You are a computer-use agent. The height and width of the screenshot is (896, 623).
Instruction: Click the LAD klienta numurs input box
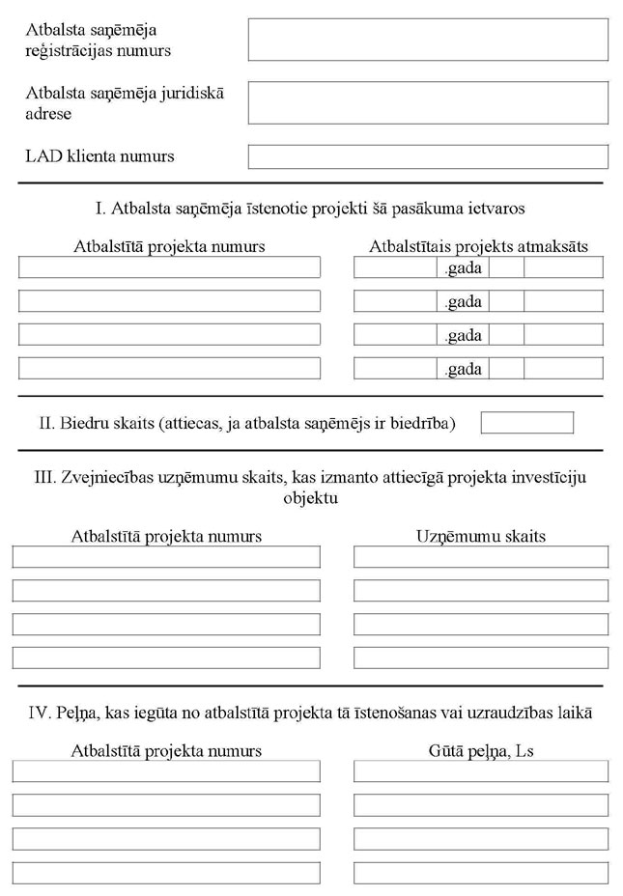(428, 156)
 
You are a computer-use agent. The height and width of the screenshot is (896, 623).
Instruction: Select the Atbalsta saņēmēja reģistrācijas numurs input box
(428, 40)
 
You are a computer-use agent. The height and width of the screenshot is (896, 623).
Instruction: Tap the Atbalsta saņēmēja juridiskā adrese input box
(428, 102)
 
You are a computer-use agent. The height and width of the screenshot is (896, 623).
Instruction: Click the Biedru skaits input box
(526, 423)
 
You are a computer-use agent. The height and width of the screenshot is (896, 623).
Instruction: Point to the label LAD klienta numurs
(99, 155)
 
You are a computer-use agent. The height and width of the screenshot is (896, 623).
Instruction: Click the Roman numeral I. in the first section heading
(102, 209)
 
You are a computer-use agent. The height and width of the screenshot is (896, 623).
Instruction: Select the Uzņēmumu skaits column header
(480, 536)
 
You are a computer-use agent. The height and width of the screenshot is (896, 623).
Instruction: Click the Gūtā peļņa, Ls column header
(480, 750)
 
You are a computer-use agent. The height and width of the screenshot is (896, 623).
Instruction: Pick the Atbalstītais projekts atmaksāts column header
(478, 247)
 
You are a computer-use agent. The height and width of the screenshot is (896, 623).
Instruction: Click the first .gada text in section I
(463, 267)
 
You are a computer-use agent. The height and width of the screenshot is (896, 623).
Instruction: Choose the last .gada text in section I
(463, 369)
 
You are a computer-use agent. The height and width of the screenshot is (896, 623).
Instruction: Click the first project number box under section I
(169, 267)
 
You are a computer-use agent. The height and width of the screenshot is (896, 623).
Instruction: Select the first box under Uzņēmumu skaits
(480, 557)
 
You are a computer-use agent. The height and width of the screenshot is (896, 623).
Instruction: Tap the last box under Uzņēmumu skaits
(480, 658)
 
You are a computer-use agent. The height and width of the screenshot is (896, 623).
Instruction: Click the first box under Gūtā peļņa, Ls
(480, 771)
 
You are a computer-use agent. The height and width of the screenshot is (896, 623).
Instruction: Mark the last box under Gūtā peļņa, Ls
(480, 872)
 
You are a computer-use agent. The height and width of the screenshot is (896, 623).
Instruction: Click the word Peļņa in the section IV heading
(74, 714)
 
